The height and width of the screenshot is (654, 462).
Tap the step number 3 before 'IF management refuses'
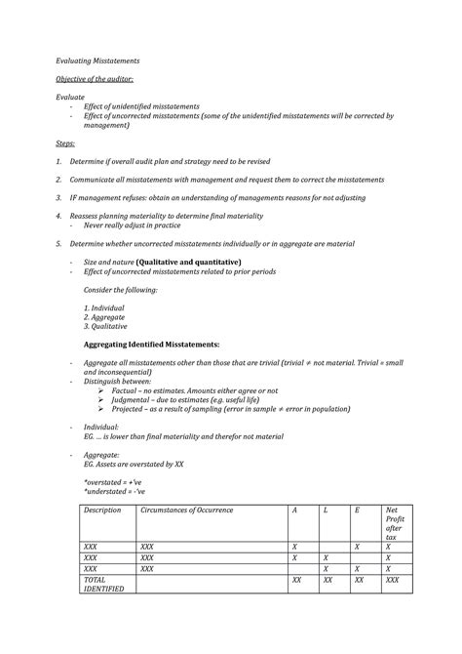tap(58, 198)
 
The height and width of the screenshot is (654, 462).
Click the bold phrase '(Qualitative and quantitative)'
tap(188, 263)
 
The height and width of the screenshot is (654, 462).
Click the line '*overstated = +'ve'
tap(112, 482)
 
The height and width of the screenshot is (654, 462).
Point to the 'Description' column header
tap(102, 511)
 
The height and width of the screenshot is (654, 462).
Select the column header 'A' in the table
tap(294, 511)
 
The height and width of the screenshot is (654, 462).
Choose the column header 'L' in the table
tap(327, 511)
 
